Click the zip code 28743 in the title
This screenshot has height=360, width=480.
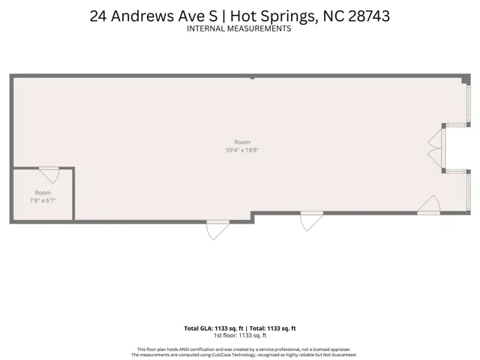click(369, 16)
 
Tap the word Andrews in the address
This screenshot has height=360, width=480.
click(142, 16)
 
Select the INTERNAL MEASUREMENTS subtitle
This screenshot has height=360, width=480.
click(238, 28)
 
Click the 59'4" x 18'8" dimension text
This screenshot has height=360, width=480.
click(242, 150)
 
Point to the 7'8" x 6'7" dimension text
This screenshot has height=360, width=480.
click(43, 201)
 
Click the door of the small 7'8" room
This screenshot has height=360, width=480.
click(49, 175)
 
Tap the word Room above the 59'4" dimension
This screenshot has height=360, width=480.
click(242, 142)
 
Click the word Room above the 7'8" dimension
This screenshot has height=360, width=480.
click(43, 193)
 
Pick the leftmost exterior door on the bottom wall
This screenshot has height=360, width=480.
click(217, 230)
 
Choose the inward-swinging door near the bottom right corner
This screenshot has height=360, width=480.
click(429, 205)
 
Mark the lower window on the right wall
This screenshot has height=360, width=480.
click(468, 192)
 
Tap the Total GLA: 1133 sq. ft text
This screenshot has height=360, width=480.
click(214, 328)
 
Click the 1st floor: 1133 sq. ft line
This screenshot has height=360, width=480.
click(240, 335)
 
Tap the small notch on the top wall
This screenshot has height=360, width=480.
click(252, 78)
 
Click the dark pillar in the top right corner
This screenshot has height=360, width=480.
click(466, 79)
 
